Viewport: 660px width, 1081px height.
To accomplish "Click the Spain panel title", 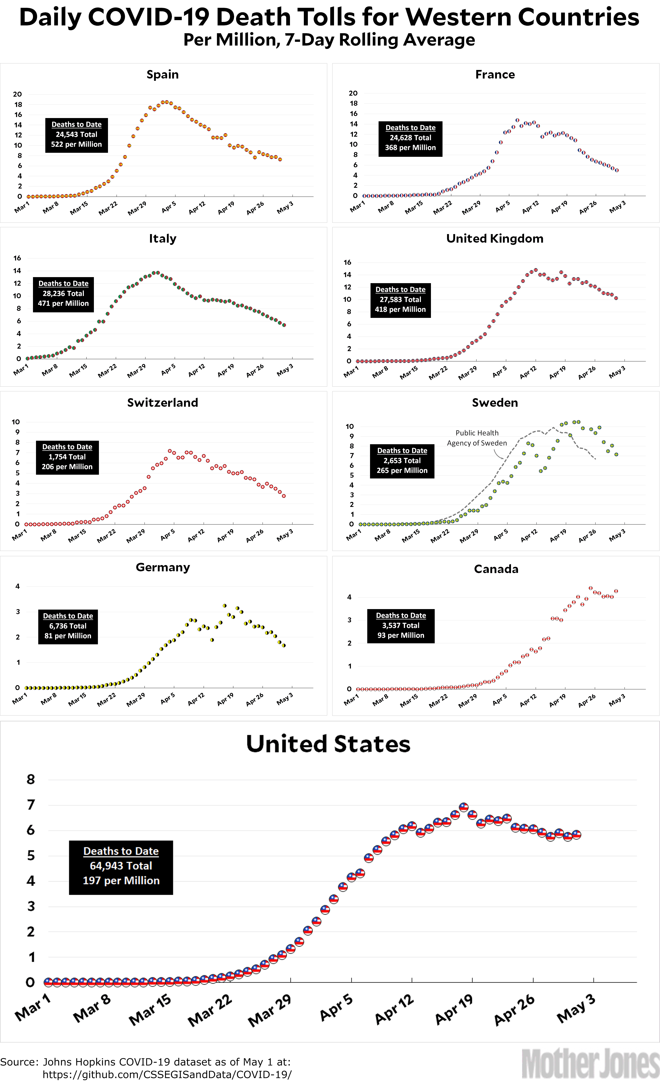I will (162, 74).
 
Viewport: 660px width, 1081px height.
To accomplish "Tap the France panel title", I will (495, 74).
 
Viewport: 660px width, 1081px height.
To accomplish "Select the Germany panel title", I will (163, 567).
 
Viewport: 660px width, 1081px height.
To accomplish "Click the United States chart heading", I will (328, 744).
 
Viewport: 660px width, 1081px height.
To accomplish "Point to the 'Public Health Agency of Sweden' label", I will (477, 438).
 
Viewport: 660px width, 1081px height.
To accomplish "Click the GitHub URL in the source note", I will (167, 1074).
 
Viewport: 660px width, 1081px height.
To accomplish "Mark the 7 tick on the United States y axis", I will (31, 805).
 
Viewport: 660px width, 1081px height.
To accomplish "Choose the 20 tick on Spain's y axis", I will (18, 94).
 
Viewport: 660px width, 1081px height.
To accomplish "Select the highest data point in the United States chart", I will (463, 807).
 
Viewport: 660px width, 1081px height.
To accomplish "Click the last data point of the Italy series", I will (284, 325).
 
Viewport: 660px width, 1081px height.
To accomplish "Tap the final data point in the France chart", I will (617, 170).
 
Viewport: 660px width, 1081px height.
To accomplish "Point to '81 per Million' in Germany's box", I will (68, 636).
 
